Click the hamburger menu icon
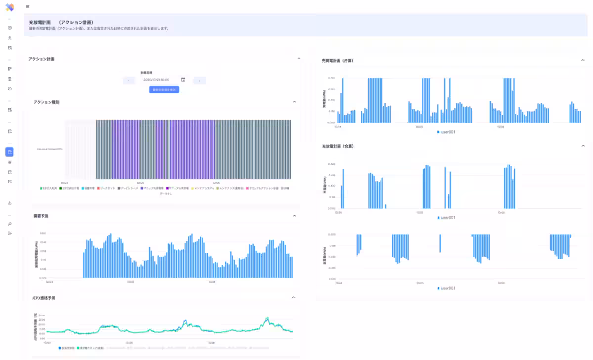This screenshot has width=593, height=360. tap(27, 7)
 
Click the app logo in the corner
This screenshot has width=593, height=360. tap(10, 7)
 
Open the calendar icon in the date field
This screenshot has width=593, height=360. tap(183, 80)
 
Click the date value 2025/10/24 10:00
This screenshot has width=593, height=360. tap(156, 80)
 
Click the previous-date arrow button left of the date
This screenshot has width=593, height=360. tap(128, 80)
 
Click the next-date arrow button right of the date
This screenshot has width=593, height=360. tap(199, 80)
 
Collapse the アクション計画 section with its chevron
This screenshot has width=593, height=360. tap(299, 59)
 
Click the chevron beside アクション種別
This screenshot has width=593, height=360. tap(295, 102)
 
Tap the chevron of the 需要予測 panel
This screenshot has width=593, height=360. tap(295, 216)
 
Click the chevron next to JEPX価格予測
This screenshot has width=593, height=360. tap(293, 298)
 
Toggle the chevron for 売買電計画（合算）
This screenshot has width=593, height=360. tap(583, 60)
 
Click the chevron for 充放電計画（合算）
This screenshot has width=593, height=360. tap(583, 146)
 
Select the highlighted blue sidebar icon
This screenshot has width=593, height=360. tap(10, 152)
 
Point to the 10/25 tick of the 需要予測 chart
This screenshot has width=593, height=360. tap(131, 282)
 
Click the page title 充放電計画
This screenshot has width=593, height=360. tap(40, 22)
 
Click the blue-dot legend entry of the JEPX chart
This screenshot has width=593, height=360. tap(67, 348)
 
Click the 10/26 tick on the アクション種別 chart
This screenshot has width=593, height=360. tap(216, 182)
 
